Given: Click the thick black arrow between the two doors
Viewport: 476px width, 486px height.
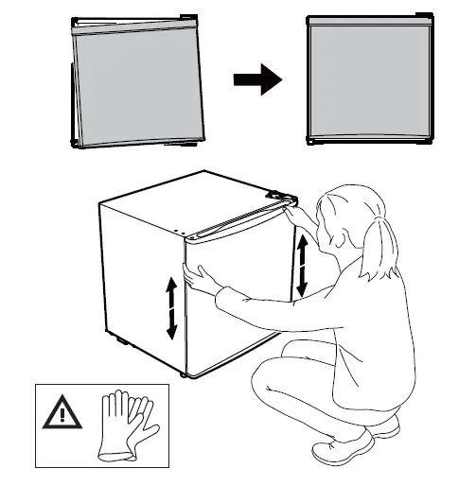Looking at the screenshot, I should tap(257, 80).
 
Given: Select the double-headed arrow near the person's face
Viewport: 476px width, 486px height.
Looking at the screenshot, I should tap(303, 265).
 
